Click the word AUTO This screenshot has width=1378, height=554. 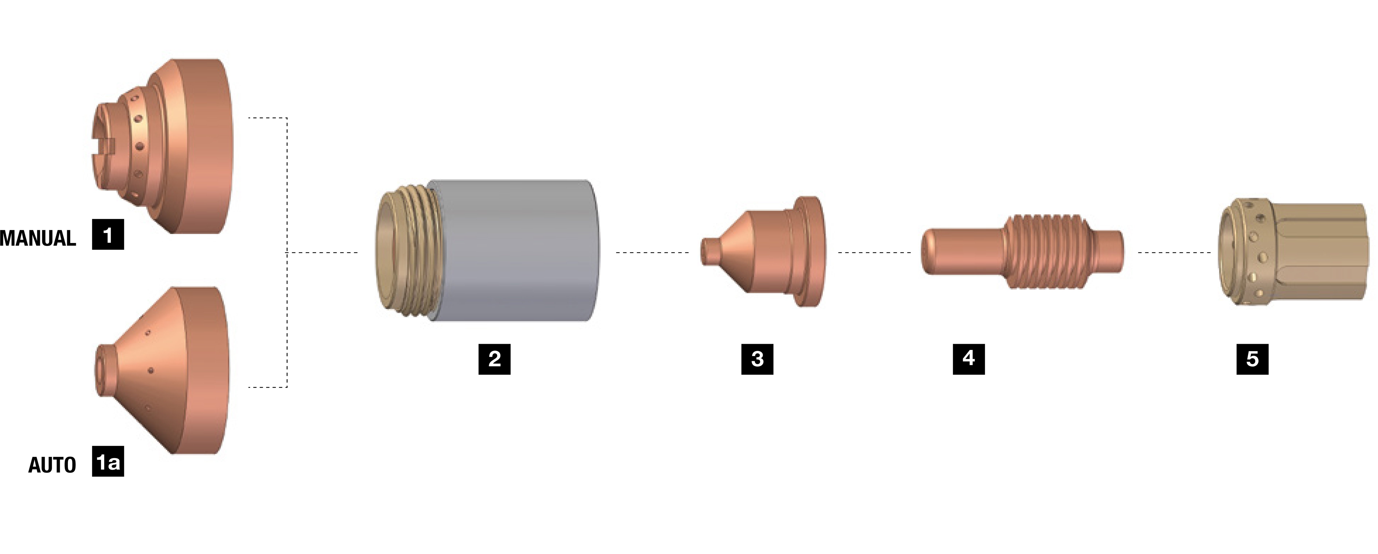click(x=52, y=465)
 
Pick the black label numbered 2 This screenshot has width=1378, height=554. click(x=494, y=359)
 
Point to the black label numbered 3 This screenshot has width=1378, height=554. click(x=757, y=359)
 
